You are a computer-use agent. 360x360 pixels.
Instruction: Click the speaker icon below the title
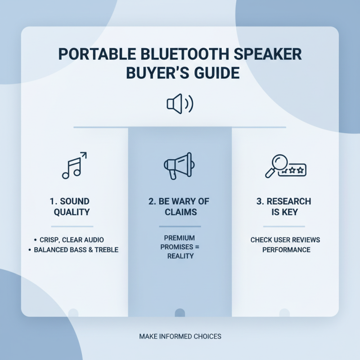point(180,104)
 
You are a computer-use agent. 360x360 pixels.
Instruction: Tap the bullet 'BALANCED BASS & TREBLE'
point(76,249)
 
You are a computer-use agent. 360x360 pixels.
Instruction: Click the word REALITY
point(180,256)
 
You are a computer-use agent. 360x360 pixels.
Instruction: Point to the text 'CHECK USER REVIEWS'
point(285,240)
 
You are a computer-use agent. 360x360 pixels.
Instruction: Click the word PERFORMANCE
point(287,249)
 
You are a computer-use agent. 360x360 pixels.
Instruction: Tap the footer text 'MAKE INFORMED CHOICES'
point(180,336)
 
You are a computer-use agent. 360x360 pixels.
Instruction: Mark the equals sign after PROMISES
point(197,247)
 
